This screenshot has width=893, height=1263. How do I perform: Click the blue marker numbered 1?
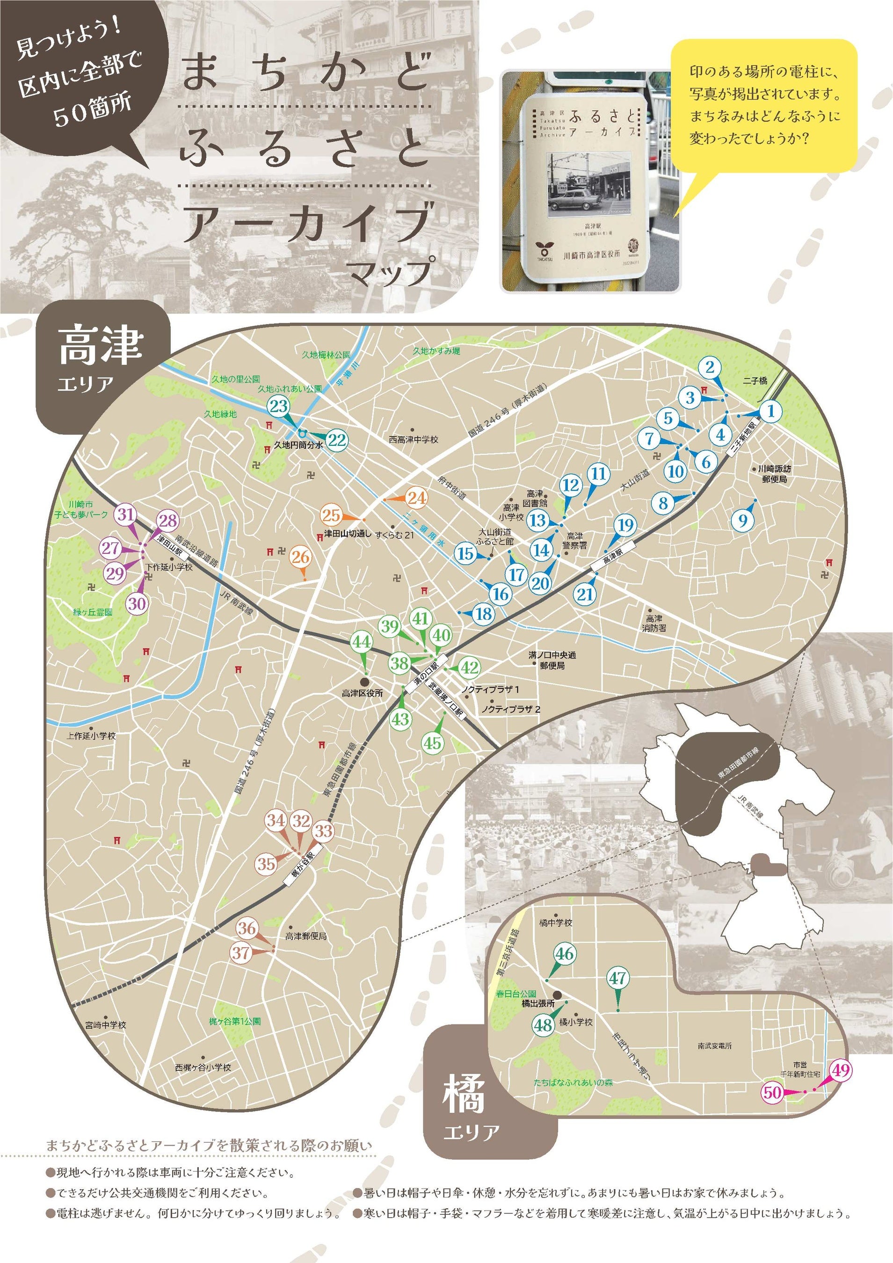[770, 410]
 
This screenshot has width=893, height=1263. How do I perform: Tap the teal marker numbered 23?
[279, 406]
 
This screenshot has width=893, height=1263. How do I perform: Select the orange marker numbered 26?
[300, 557]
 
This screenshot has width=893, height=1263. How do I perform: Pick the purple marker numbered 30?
[137, 603]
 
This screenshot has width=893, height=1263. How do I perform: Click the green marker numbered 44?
[362, 641]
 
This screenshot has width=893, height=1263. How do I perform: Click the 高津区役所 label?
[362, 694]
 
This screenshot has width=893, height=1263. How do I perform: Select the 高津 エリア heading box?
[102, 362]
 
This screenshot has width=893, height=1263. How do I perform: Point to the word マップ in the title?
[391, 271]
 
